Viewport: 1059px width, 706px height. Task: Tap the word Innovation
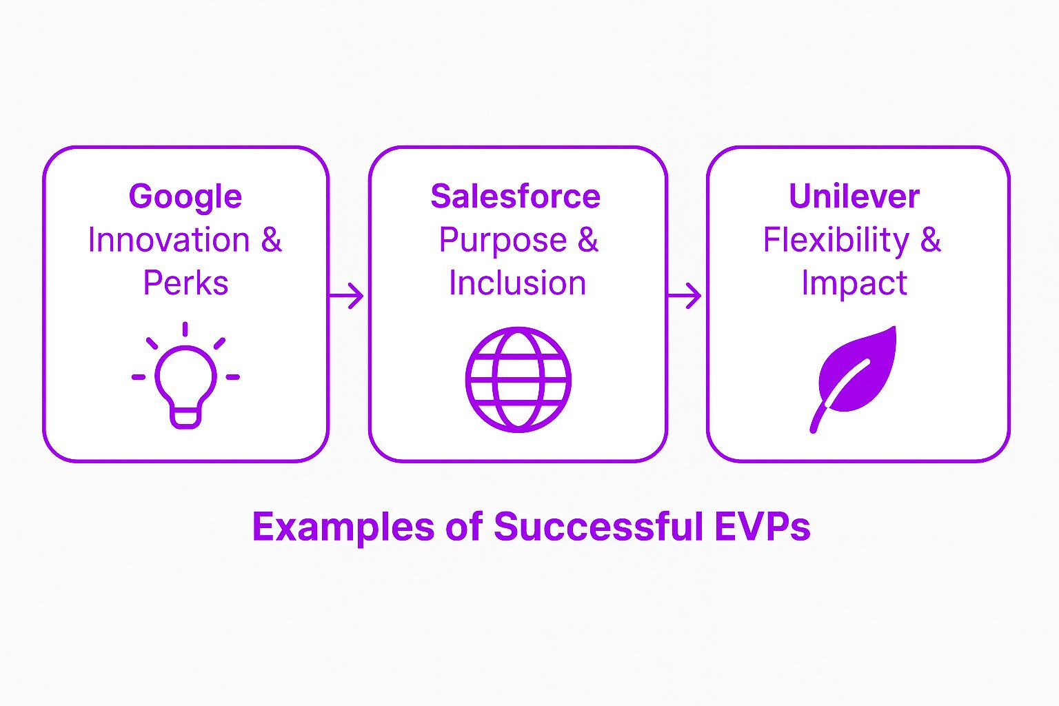(169, 240)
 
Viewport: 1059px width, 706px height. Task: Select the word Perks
(185, 283)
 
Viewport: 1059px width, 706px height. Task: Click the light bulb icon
(185, 376)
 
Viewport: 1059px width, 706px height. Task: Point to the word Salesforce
(515, 196)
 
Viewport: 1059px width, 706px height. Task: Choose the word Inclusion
(518, 283)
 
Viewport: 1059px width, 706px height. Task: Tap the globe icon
(518, 379)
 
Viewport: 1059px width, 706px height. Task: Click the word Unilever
(854, 196)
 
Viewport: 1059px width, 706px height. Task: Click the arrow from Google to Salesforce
(346, 296)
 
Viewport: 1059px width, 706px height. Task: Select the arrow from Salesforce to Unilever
(684, 296)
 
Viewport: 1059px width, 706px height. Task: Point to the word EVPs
(763, 526)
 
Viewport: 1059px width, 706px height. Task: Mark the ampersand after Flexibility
(930, 240)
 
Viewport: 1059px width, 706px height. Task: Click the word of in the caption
(464, 526)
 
